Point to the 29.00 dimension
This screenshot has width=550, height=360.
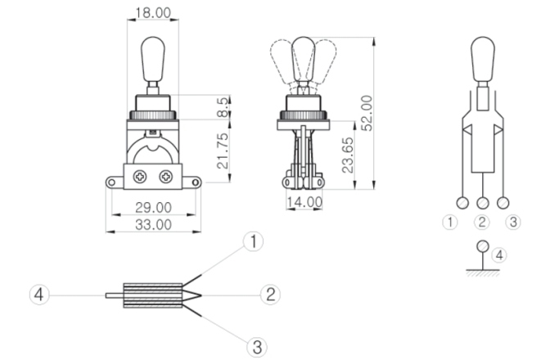pos(152,208)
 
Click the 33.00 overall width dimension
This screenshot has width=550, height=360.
pos(152,223)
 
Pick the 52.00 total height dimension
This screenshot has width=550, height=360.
pos(368,112)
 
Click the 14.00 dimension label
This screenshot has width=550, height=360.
pos(303,201)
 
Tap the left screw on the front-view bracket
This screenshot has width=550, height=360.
pos(140,175)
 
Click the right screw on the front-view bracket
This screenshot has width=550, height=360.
pos(166,175)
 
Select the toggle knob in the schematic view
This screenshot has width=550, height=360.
pos(483,56)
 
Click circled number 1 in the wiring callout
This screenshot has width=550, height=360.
pos(255,241)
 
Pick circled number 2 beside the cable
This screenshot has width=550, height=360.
pos(270,295)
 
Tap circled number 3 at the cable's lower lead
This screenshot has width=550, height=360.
pos(257,346)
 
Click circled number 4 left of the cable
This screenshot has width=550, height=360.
pos(38,294)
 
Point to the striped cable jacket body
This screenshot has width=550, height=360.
pos(151,295)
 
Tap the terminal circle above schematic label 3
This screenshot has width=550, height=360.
pos(503,203)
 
